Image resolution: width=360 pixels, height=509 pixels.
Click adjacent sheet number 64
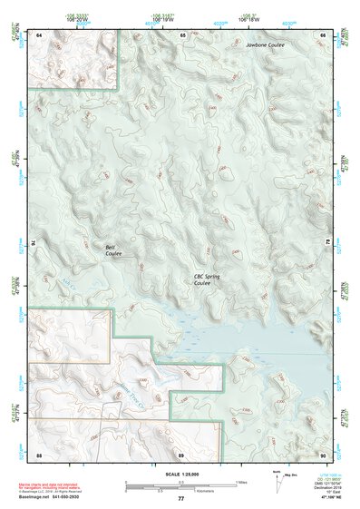pyautogui.click(x=39, y=34)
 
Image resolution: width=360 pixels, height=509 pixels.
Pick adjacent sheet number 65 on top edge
pyautogui.click(x=182, y=34)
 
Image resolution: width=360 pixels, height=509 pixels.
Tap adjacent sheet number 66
pyautogui.click(x=323, y=34)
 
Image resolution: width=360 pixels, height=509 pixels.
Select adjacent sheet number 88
pyautogui.click(x=39, y=454)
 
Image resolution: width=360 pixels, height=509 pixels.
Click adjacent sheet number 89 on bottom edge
pyautogui.click(x=181, y=454)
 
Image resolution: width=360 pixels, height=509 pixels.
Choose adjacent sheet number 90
pyautogui.click(x=323, y=454)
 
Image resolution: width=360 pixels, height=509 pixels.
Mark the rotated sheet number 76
pyautogui.click(x=35, y=243)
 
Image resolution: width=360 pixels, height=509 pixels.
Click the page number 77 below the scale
pyautogui.click(x=180, y=499)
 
